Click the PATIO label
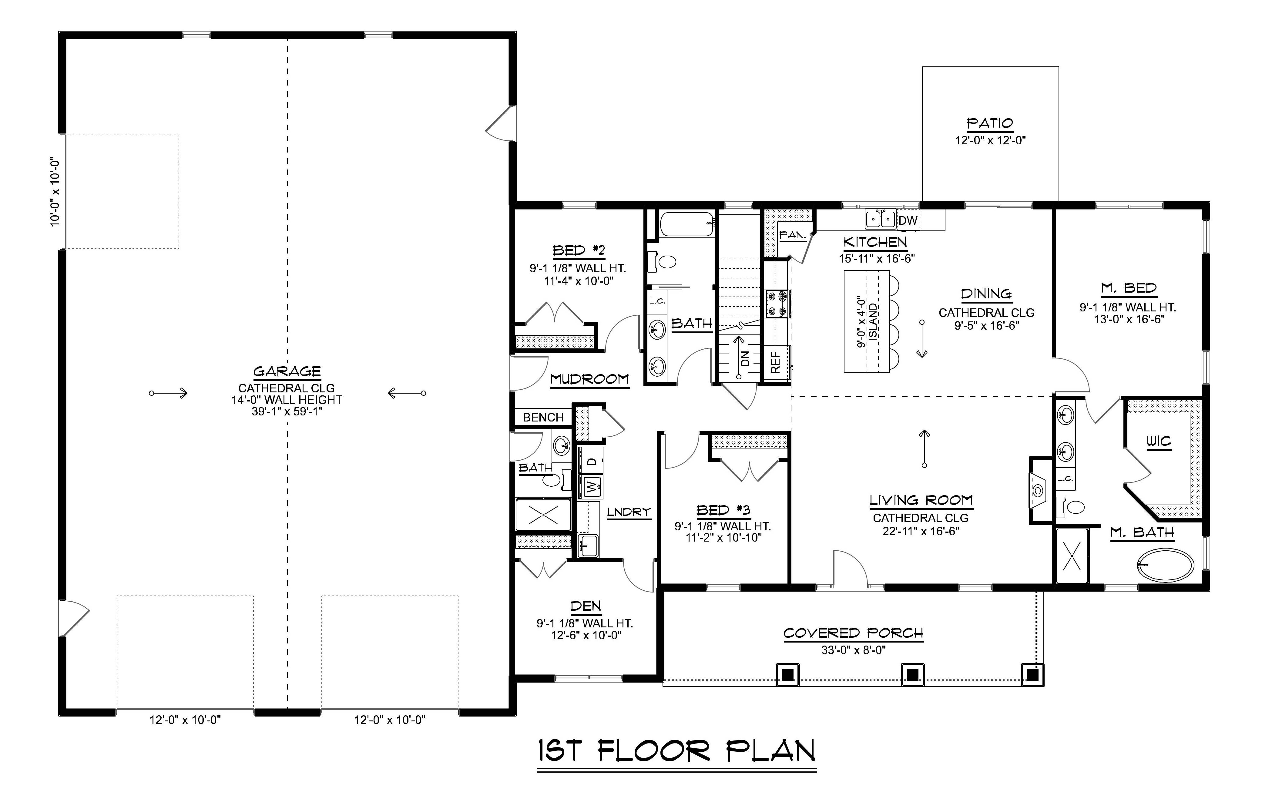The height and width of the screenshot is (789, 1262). pyautogui.click(x=990, y=124)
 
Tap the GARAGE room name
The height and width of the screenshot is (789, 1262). pyautogui.click(x=287, y=371)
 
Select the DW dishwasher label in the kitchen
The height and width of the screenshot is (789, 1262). pyautogui.click(x=908, y=221)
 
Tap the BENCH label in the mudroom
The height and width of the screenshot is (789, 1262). pyautogui.click(x=543, y=418)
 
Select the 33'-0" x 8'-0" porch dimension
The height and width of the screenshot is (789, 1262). pyautogui.click(x=854, y=650)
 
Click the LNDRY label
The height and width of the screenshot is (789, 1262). pyautogui.click(x=629, y=512)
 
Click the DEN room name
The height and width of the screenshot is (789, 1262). pyautogui.click(x=585, y=606)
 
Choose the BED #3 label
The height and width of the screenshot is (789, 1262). pyautogui.click(x=723, y=510)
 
